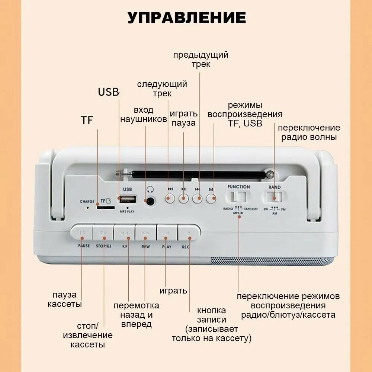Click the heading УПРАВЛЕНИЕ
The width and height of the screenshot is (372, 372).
point(187,17)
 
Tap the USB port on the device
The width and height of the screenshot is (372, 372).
point(128,199)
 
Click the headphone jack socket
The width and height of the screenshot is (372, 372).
point(150,201)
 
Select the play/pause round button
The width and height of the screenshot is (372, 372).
point(184,198)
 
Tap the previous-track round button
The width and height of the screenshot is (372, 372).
point(198,198)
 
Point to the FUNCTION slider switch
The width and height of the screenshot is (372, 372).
point(239,196)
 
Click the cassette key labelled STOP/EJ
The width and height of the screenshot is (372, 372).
point(103,233)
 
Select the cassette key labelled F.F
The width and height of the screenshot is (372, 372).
point(125,233)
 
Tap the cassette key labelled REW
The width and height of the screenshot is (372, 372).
point(146,233)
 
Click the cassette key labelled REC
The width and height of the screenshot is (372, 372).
point(188,233)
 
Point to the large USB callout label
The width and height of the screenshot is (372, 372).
point(108,92)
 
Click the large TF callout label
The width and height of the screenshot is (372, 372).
point(87,120)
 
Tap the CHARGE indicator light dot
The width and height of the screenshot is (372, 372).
point(88,207)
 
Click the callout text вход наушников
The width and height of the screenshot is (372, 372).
point(143,115)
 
